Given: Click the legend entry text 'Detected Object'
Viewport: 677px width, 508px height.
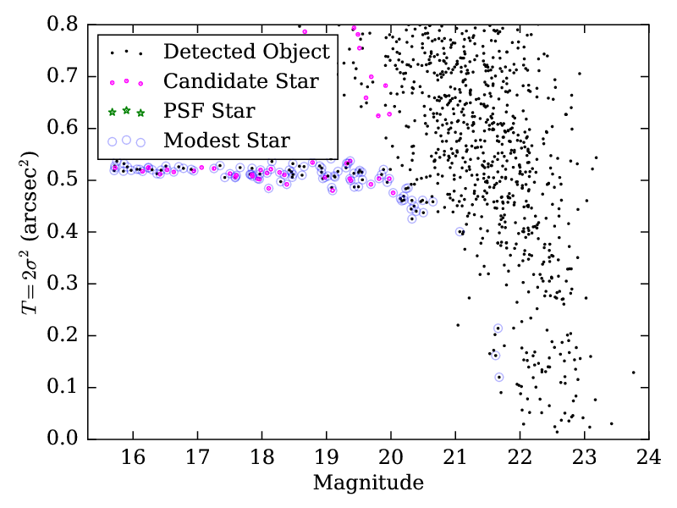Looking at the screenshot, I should pos(246,52).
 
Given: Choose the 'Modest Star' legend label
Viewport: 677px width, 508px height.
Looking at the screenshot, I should pos(227,140).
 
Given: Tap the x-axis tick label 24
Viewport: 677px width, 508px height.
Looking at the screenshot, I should pos(649,458).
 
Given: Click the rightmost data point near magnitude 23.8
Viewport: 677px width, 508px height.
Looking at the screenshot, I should pos(633,372).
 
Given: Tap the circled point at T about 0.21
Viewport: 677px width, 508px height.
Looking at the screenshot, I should pos(498,328).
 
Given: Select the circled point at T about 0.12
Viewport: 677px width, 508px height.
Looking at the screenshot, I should pos(499,377).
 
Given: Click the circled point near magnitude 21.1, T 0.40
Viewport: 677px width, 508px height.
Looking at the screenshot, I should pos(460,231).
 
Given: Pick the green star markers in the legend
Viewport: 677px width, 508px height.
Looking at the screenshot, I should pos(126,111).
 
